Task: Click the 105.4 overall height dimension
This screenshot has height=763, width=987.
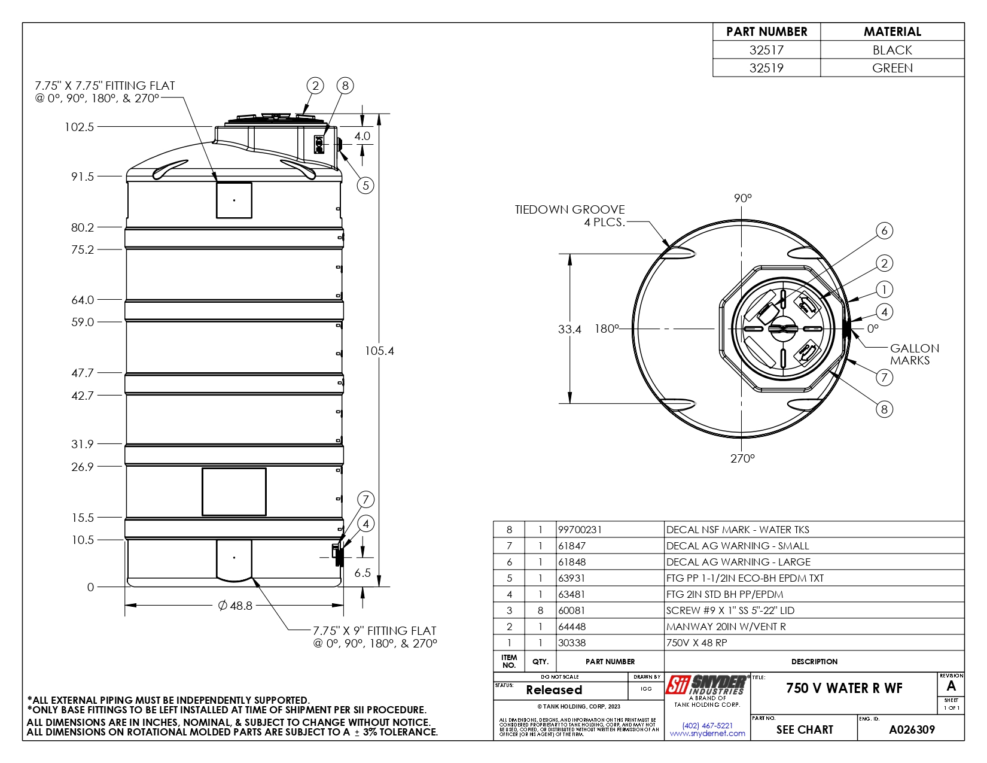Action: tap(379, 351)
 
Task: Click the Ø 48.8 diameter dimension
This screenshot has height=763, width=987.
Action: tap(235, 606)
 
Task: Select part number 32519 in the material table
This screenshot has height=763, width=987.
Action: tap(766, 68)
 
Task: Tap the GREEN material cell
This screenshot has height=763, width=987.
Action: tap(892, 68)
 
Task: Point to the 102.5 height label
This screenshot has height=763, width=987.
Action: tap(79, 127)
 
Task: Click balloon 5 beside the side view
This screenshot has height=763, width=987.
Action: tap(365, 185)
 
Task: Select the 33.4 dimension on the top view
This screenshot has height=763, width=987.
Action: tap(569, 329)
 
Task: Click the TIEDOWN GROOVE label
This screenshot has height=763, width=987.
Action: tap(569, 210)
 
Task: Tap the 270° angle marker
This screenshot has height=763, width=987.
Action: tap(742, 458)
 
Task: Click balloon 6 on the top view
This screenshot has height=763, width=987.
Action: tap(884, 230)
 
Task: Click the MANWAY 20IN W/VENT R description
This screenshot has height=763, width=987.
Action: tap(726, 627)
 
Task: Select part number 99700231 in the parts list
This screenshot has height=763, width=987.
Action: tap(580, 530)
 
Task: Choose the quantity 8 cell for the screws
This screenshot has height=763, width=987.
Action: tap(540, 610)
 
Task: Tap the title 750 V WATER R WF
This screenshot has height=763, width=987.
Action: tap(843, 688)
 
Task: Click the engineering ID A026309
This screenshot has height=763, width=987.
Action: tap(911, 729)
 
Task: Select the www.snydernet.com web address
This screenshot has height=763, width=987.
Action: tap(707, 734)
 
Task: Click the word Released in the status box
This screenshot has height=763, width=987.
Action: tap(554, 690)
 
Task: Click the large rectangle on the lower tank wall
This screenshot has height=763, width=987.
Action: tap(234, 492)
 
